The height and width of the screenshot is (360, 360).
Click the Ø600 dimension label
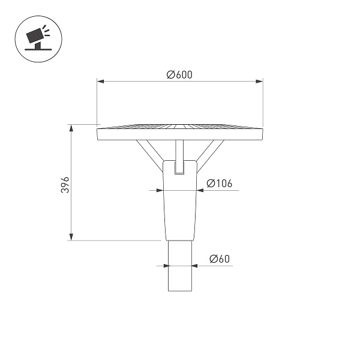[179, 74]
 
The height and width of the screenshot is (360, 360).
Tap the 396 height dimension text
[66, 184]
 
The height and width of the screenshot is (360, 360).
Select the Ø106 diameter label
[219, 184]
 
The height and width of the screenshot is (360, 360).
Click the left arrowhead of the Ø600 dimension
[100, 81]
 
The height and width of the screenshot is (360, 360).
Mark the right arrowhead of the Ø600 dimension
[260, 81]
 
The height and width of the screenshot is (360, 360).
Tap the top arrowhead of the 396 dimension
[71, 127]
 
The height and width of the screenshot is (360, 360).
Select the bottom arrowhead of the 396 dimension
[71, 238]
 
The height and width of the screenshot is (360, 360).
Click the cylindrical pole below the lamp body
[180, 267]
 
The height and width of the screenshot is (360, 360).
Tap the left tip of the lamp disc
[98, 133]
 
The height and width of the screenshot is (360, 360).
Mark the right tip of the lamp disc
[263, 133]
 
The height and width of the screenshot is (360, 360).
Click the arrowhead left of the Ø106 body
[158, 190]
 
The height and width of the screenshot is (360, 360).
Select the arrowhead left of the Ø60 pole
[164, 265]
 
